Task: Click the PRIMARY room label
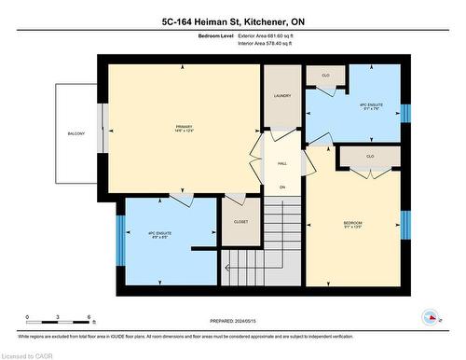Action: click(x=184, y=128)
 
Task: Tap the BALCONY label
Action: click(x=75, y=134)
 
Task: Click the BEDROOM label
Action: click(x=352, y=223)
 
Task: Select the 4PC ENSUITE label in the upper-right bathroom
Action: click(x=372, y=106)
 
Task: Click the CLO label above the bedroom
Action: click(x=370, y=156)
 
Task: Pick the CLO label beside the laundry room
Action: click(x=325, y=75)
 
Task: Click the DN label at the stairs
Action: click(x=281, y=187)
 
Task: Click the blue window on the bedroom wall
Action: click(x=405, y=225)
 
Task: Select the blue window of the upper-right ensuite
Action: click(x=405, y=112)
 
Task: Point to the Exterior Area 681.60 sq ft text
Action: click(x=272, y=35)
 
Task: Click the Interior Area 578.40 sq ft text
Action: click(x=271, y=42)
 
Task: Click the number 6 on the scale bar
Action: click(x=88, y=317)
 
